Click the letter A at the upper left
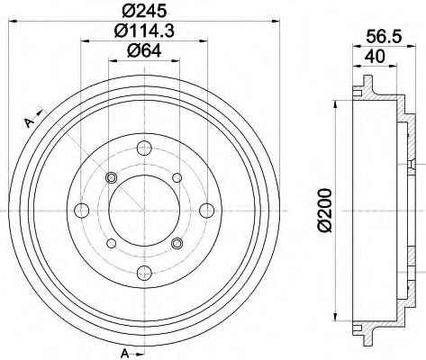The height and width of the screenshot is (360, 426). coord(29,121)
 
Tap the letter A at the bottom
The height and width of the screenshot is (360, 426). coord(124,349)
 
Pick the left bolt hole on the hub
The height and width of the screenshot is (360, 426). coord(80,211)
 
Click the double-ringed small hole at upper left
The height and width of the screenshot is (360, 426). coord(112,177)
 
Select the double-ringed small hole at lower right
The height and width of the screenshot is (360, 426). coord(177,244)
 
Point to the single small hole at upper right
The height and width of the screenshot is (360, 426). coord(177,177)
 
